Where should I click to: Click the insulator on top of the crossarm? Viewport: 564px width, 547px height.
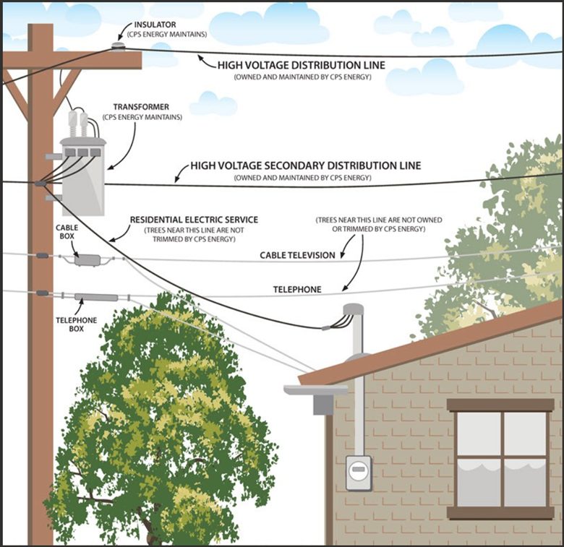pos(118,46)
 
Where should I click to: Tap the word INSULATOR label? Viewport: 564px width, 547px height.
pos(155,25)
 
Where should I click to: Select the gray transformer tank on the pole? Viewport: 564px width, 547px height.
pos(83,176)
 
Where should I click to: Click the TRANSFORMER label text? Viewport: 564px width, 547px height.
pos(141,107)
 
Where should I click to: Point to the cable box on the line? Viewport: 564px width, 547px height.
pos(87,260)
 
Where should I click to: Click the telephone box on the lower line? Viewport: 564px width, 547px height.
pos(96,298)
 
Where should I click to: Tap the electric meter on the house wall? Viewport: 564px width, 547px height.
pos(359,473)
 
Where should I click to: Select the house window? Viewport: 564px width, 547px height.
pos(500,460)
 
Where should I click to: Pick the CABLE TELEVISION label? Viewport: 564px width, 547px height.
pos(297,256)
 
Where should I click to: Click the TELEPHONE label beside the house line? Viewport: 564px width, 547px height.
pos(297,290)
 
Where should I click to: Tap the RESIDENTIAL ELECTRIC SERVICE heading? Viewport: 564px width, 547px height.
pos(194,220)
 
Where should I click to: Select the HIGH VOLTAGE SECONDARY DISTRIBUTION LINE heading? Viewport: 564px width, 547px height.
pos(305,165)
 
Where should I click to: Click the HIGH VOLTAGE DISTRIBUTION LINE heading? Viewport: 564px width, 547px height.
pos(302,65)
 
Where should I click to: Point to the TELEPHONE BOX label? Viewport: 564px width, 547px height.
pos(76,324)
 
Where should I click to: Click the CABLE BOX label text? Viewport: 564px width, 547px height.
pos(67,232)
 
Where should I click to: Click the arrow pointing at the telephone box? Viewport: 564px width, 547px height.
pos(80,306)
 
